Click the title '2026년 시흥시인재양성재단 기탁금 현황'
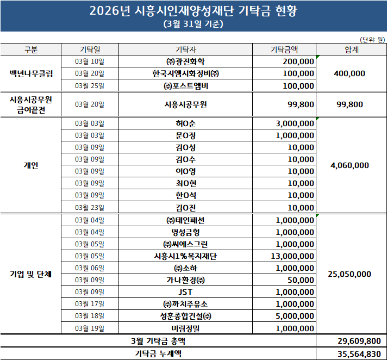193,11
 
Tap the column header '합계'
351,49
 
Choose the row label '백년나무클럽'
31,73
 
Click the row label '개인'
31,165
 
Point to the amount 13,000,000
293,256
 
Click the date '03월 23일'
90,207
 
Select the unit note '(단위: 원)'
372,39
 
